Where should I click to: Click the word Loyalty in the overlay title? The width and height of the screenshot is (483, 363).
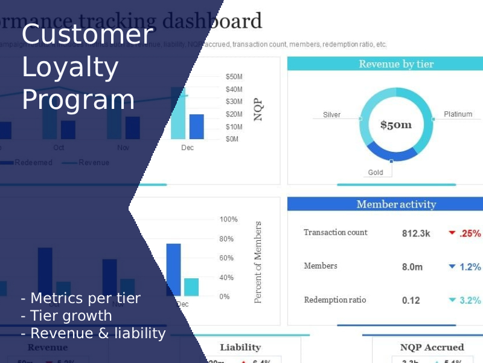(x=70, y=67)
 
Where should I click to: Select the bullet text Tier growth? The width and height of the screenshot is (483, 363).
(x=71, y=315)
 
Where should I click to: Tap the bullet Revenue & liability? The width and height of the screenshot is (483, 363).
(x=97, y=333)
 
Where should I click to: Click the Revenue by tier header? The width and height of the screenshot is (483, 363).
(x=396, y=64)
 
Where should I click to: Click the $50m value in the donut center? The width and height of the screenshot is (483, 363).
(x=396, y=125)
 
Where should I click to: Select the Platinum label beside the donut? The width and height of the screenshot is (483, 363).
(x=458, y=114)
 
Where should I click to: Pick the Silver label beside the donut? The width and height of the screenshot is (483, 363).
(x=331, y=114)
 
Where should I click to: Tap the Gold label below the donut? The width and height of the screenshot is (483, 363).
(x=376, y=172)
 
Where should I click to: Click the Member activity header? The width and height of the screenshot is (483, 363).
(x=396, y=204)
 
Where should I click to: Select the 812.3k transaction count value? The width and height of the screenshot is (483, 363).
(x=416, y=233)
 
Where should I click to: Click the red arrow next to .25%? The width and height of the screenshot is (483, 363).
(x=451, y=233)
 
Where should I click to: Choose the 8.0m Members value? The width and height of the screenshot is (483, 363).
(x=412, y=267)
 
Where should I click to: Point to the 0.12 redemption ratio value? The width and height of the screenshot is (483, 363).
(x=411, y=300)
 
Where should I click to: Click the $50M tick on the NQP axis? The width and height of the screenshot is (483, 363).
(x=234, y=77)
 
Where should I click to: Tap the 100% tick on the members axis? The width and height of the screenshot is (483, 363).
(x=228, y=219)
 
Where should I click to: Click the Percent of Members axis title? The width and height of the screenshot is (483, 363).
(x=258, y=262)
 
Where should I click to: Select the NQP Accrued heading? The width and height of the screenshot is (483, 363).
(x=432, y=347)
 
